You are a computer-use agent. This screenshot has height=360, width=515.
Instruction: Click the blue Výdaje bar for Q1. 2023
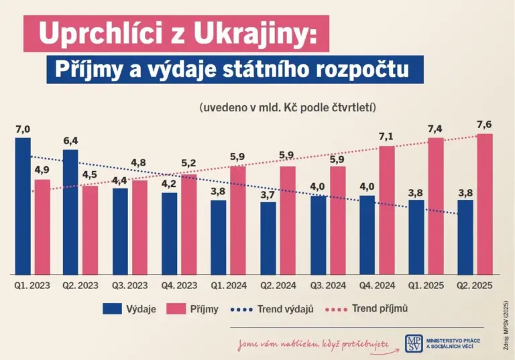[x=23, y=206]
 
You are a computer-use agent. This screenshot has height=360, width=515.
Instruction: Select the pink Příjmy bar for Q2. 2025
[x=484, y=204]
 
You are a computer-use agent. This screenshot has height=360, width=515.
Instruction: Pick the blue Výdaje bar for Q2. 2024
[x=268, y=237]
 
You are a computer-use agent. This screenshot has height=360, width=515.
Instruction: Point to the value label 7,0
[x=23, y=129]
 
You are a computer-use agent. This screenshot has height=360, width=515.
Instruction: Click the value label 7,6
[x=485, y=125]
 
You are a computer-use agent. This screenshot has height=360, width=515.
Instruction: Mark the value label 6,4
[x=71, y=141]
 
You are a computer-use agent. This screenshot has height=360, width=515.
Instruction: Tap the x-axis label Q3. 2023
[x=129, y=286]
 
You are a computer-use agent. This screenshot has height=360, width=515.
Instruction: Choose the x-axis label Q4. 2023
[x=179, y=286]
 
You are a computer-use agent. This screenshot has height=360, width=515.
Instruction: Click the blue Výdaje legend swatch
[x=117, y=309]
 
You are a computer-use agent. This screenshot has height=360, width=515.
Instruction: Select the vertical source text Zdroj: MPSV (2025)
[x=506, y=323]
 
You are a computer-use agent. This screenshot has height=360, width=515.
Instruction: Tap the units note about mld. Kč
[x=286, y=107]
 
